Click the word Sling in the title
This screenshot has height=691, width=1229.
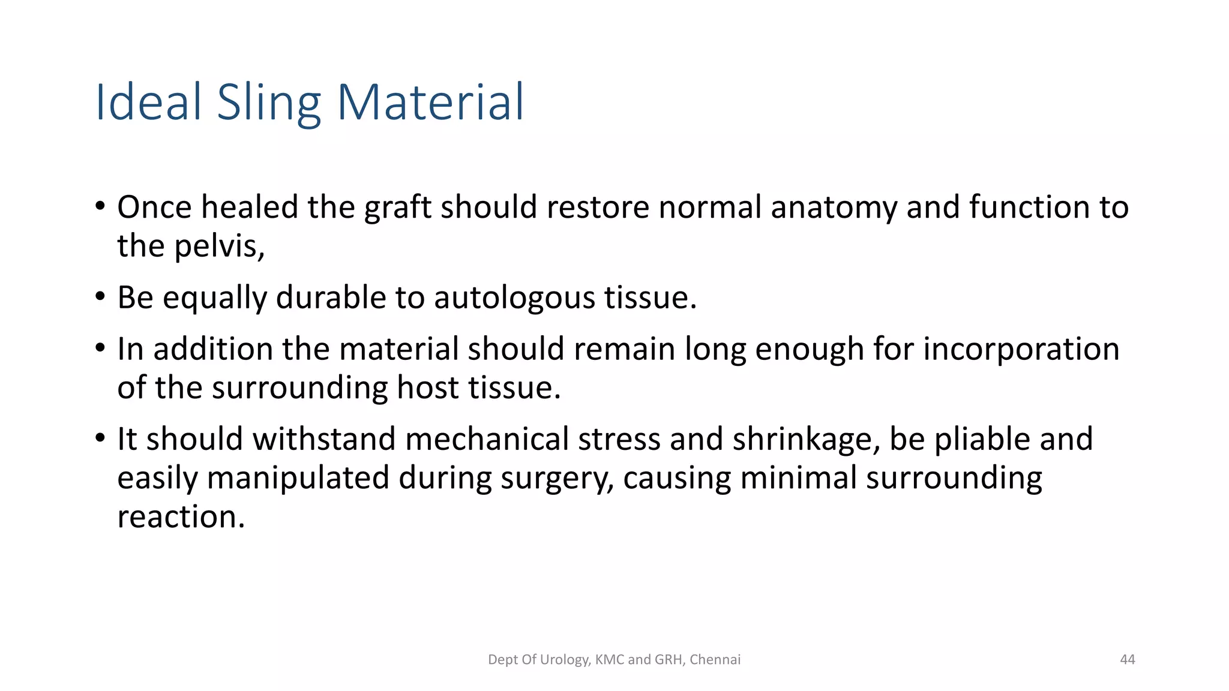pos(269,103)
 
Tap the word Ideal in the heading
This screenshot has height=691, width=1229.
pos(148,103)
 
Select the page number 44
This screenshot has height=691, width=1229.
pos(1128,660)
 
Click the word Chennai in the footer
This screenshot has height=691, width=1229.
pos(715,660)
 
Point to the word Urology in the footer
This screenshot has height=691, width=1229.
pos(565,660)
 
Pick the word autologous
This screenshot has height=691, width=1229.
pos(514,298)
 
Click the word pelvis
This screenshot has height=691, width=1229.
pos(219,247)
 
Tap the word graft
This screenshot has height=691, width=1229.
pos(398,208)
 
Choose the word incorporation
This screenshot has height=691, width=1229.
pos(1021,349)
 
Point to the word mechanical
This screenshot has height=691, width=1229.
pos(487,439)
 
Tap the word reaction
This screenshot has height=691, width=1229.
pos(181,517)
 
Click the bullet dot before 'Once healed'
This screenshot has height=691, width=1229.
pos(101,207)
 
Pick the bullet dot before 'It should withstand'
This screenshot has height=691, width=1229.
pos(101,438)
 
